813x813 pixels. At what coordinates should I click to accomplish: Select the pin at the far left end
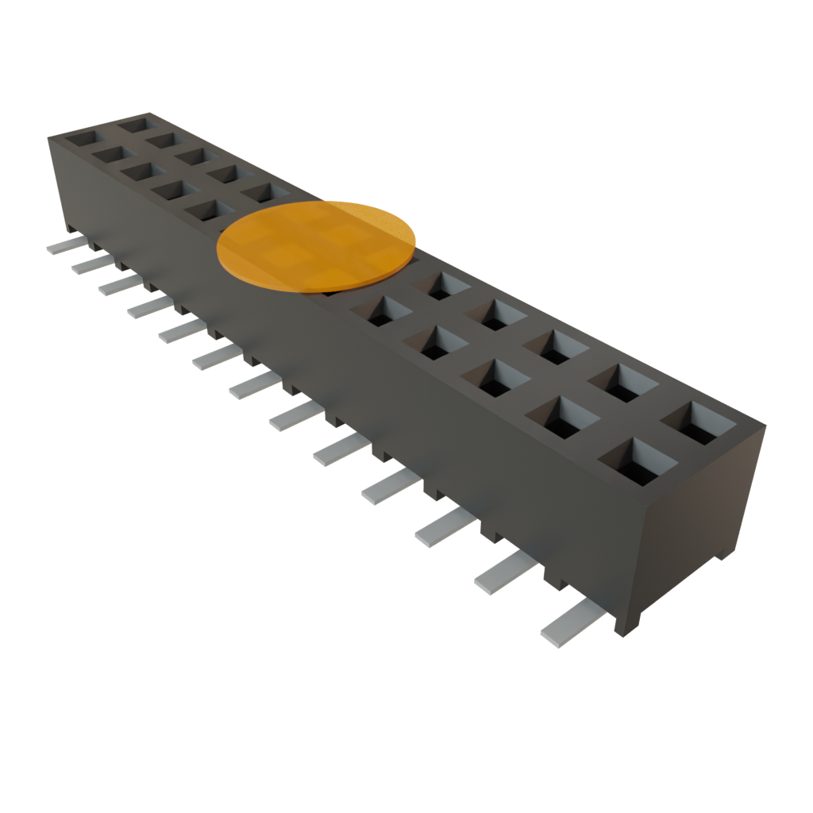click(x=64, y=246)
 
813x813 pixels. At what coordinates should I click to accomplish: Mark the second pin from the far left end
click(x=91, y=264)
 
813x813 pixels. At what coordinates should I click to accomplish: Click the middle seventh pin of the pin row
click(x=252, y=386)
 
